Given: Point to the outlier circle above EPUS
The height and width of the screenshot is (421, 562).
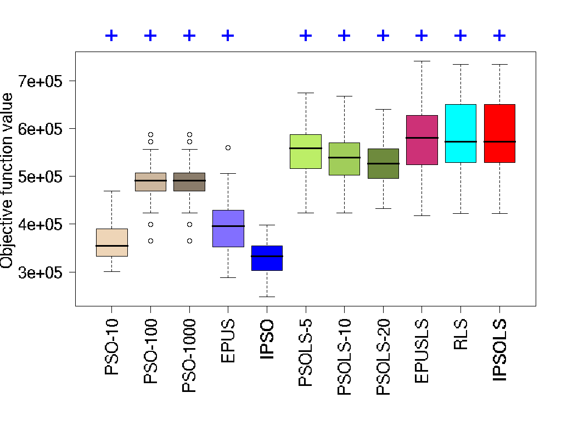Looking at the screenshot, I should tap(228, 147).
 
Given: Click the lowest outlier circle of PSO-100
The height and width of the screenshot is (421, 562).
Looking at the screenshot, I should tap(150, 241).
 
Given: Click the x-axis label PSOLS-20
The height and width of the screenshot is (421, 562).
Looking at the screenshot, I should tap(383, 356).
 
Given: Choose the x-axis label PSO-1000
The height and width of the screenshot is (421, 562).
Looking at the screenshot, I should tap(189, 356).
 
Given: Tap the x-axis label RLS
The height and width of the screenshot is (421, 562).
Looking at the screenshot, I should tap(460, 334).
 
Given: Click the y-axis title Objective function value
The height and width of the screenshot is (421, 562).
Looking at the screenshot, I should tap(7, 181).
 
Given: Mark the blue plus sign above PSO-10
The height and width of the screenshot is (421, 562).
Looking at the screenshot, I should tap(111, 36).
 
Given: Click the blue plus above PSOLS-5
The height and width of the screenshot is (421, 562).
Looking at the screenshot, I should tap(306, 36).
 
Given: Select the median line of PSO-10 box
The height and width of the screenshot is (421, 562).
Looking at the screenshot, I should tap(111, 246).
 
